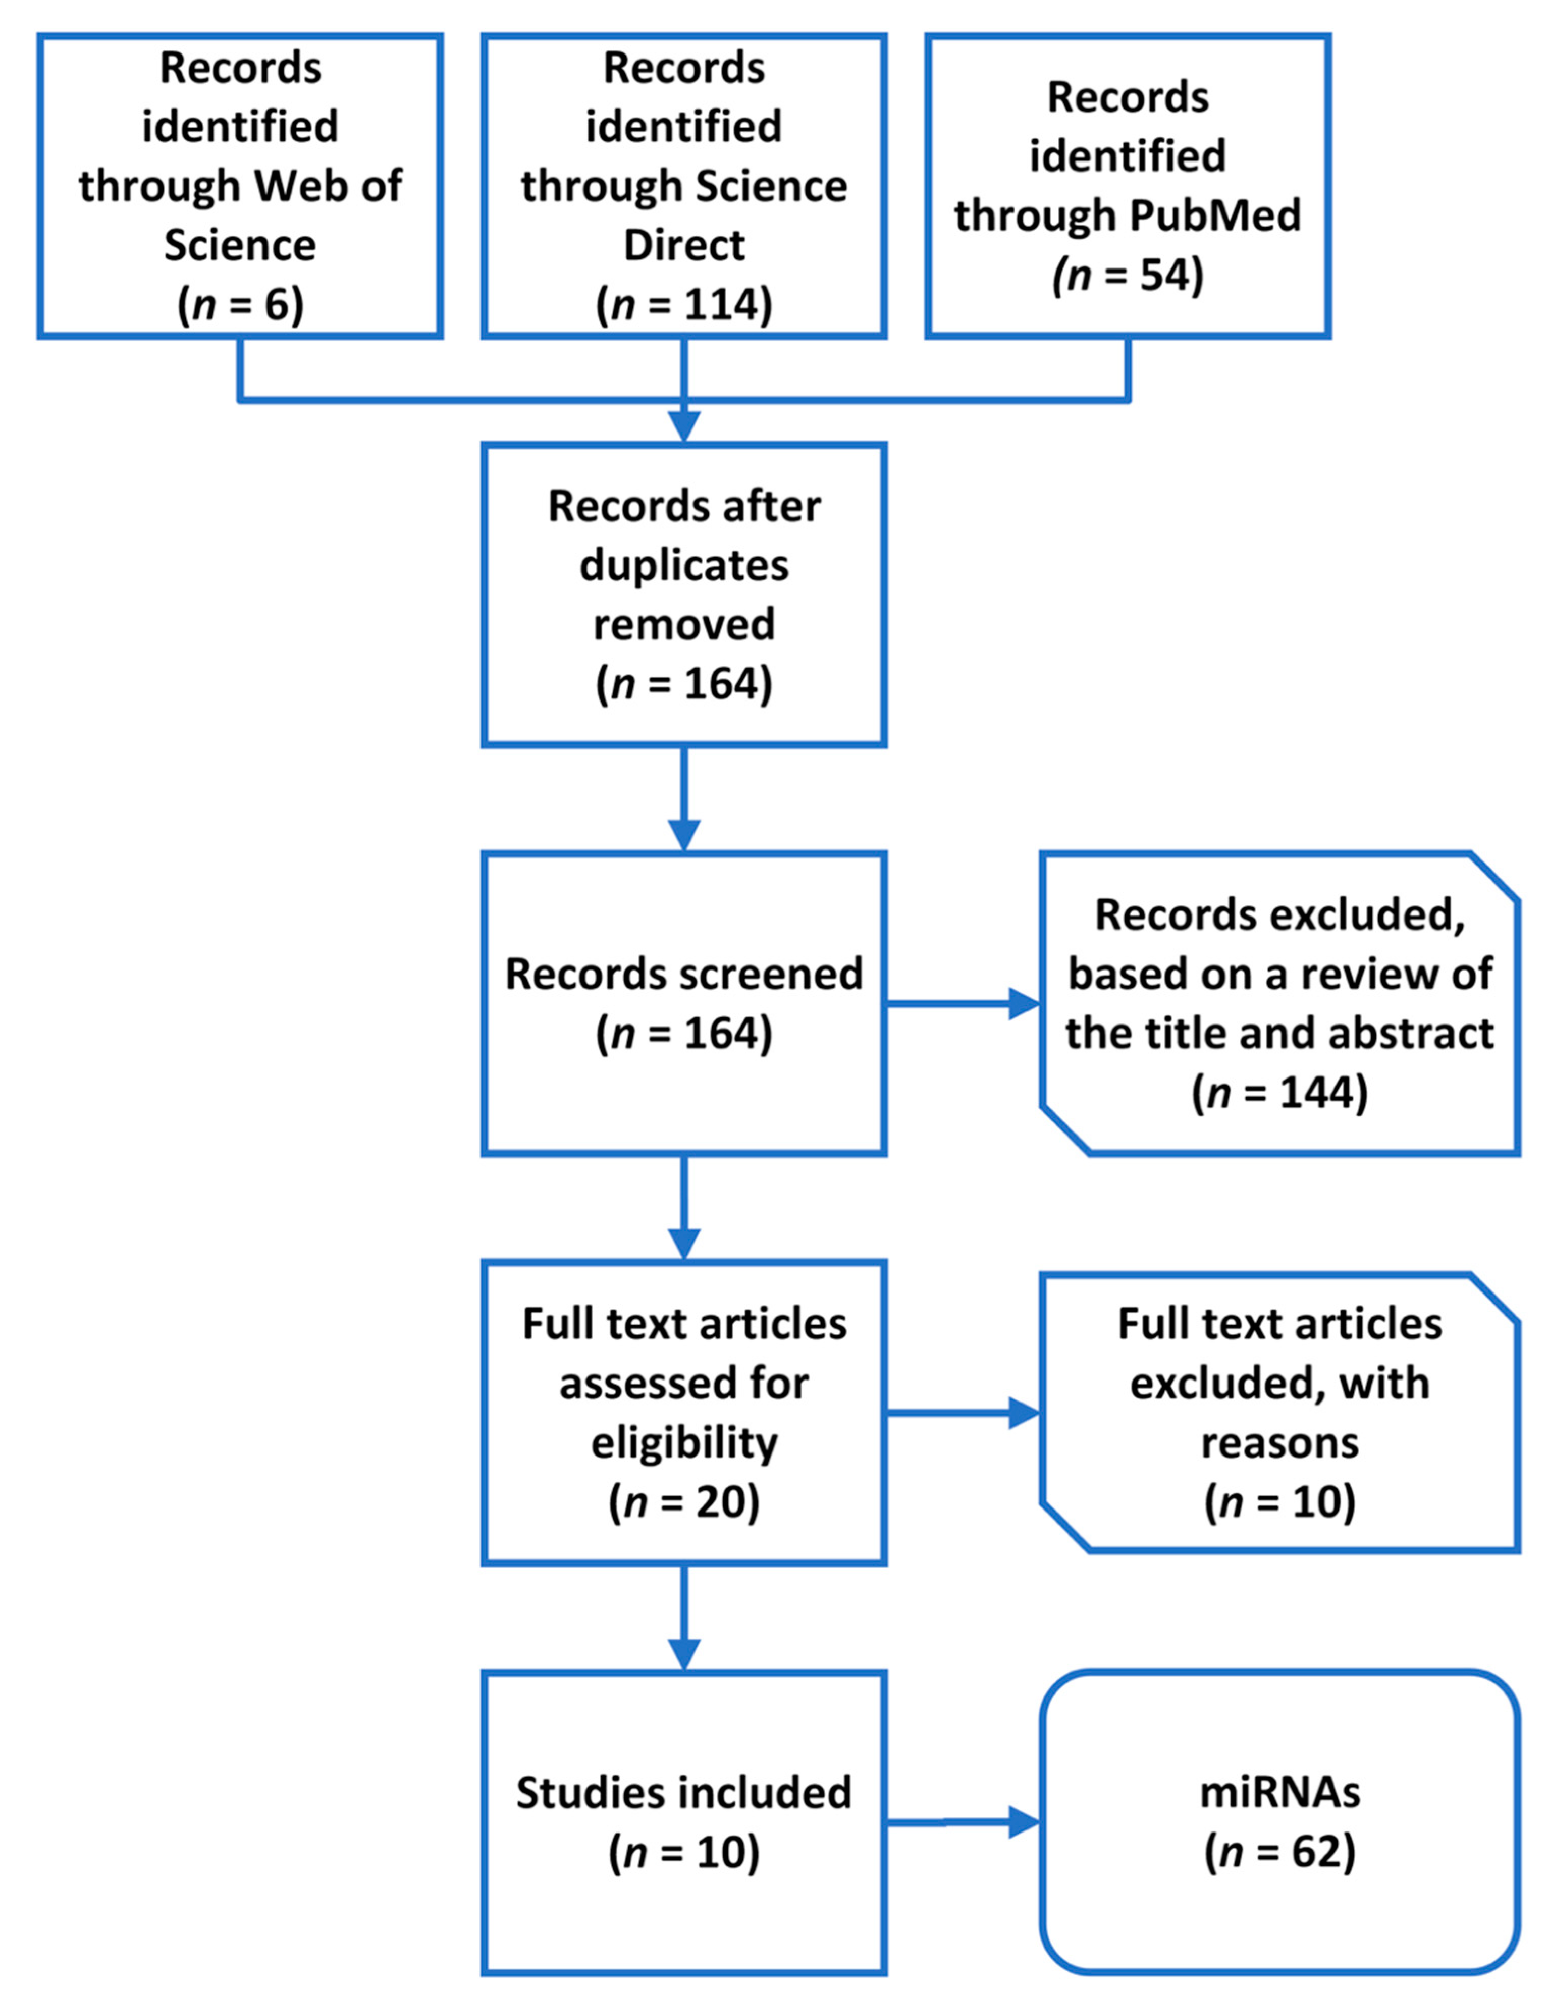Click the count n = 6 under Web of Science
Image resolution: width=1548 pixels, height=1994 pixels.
[x=240, y=305]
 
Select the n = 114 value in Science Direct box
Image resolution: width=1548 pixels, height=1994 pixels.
[x=684, y=305]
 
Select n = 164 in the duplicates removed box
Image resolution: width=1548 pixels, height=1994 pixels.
[x=684, y=684]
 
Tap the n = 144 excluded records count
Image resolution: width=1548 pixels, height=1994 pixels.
[x=1279, y=1093]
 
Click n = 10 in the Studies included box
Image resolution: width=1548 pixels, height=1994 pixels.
[x=684, y=1853]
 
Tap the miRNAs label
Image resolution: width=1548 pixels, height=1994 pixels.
[x=1279, y=1793]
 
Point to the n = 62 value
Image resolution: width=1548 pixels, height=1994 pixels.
[x=1279, y=1853]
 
